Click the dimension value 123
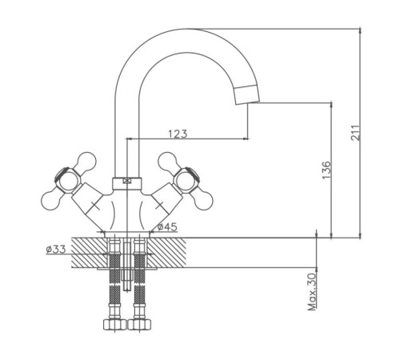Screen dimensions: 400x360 click(x=178, y=134)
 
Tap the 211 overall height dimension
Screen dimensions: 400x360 click(x=355, y=133)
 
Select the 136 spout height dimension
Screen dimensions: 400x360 click(x=326, y=170)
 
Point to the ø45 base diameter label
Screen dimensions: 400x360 click(x=167, y=227)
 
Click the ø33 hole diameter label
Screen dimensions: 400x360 click(x=56, y=250)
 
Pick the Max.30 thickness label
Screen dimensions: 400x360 click(x=311, y=291)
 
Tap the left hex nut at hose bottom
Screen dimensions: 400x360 click(x=114, y=325)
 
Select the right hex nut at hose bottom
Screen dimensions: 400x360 click(x=139, y=325)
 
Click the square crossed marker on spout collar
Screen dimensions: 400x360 click(x=127, y=181)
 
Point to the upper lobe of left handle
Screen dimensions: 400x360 click(x=86, y=161)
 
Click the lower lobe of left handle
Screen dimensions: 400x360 click(x=51, y=199)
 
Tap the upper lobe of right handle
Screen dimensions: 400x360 click(x=168, y=161)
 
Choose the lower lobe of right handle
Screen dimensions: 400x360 click(x=203, y=199)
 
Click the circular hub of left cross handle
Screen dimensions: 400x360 click(x=67, y=180)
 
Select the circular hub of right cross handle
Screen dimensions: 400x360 click(x=186, y=180)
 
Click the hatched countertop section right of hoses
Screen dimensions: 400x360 click(x=166, y=252)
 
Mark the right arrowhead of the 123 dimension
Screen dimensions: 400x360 click(x=246, y=138)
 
